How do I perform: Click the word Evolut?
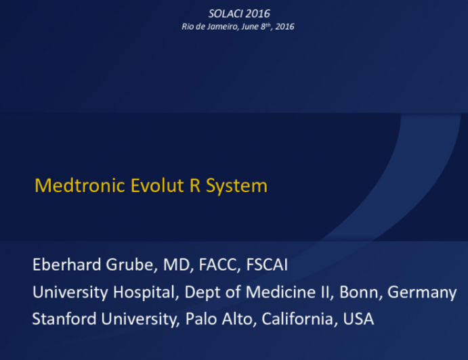(x=149, y=185)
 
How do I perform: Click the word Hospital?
(x=139, y=292)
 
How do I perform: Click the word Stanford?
(x=65, y=319)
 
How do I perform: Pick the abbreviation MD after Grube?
(x=175, y=265)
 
